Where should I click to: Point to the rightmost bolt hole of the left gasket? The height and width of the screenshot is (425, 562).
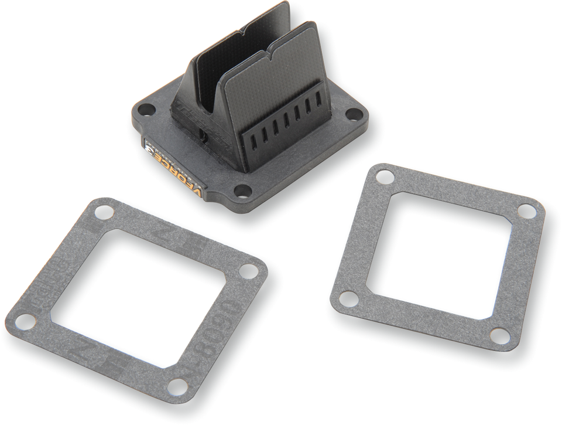249,271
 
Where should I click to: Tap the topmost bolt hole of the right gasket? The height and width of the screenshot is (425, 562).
384,175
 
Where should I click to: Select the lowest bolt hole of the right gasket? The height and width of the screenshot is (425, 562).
499,336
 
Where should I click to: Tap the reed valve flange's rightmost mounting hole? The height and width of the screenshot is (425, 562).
354,114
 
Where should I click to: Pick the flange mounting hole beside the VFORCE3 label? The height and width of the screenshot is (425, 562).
241,191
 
